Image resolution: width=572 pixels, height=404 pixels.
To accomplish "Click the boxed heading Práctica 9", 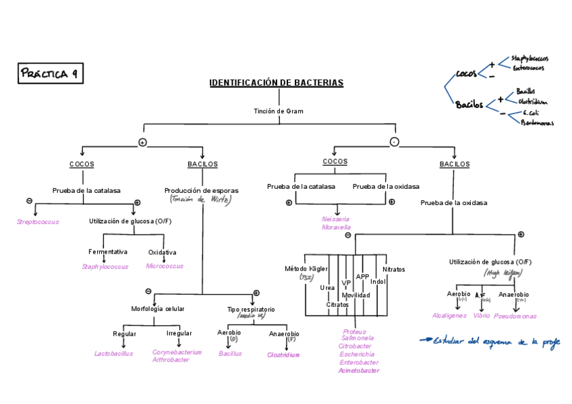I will pos(51,74).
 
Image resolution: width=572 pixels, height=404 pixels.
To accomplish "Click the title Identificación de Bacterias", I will pos(276,83).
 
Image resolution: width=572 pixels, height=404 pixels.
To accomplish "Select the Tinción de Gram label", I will pos(279,111).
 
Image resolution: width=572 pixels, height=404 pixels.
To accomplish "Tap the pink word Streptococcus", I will pos(38,222).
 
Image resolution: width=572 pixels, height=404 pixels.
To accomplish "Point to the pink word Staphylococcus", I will pos(105,266).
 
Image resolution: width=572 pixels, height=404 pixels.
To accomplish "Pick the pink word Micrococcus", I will pos(165,266).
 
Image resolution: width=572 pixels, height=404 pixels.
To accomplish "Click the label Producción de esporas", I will pos(201,191).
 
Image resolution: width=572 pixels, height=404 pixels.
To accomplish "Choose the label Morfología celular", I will pos(158,309).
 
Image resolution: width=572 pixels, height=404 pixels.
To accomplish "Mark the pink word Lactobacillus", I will pos(114,353).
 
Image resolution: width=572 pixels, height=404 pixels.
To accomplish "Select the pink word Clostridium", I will pos(283,355).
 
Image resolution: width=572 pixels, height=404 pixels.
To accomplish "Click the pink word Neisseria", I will pos(336,219).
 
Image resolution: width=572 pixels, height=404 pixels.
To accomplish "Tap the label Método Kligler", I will pos(306,268).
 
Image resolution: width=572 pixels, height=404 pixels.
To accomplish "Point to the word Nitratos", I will pos(394,269).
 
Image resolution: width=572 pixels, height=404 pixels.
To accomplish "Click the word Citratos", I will pos(337,305).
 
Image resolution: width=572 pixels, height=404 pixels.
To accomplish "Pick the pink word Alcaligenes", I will pos(449,316).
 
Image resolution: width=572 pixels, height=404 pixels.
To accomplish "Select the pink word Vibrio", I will pos(482,316).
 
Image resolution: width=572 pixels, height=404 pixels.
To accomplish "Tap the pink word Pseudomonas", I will pos(515,316).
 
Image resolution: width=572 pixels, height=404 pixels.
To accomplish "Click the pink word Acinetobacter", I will pos(358,370).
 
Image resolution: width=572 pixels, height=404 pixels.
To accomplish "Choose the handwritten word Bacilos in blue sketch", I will pos(469,105).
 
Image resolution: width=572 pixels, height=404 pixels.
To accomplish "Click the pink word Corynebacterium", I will pos(177,352).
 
